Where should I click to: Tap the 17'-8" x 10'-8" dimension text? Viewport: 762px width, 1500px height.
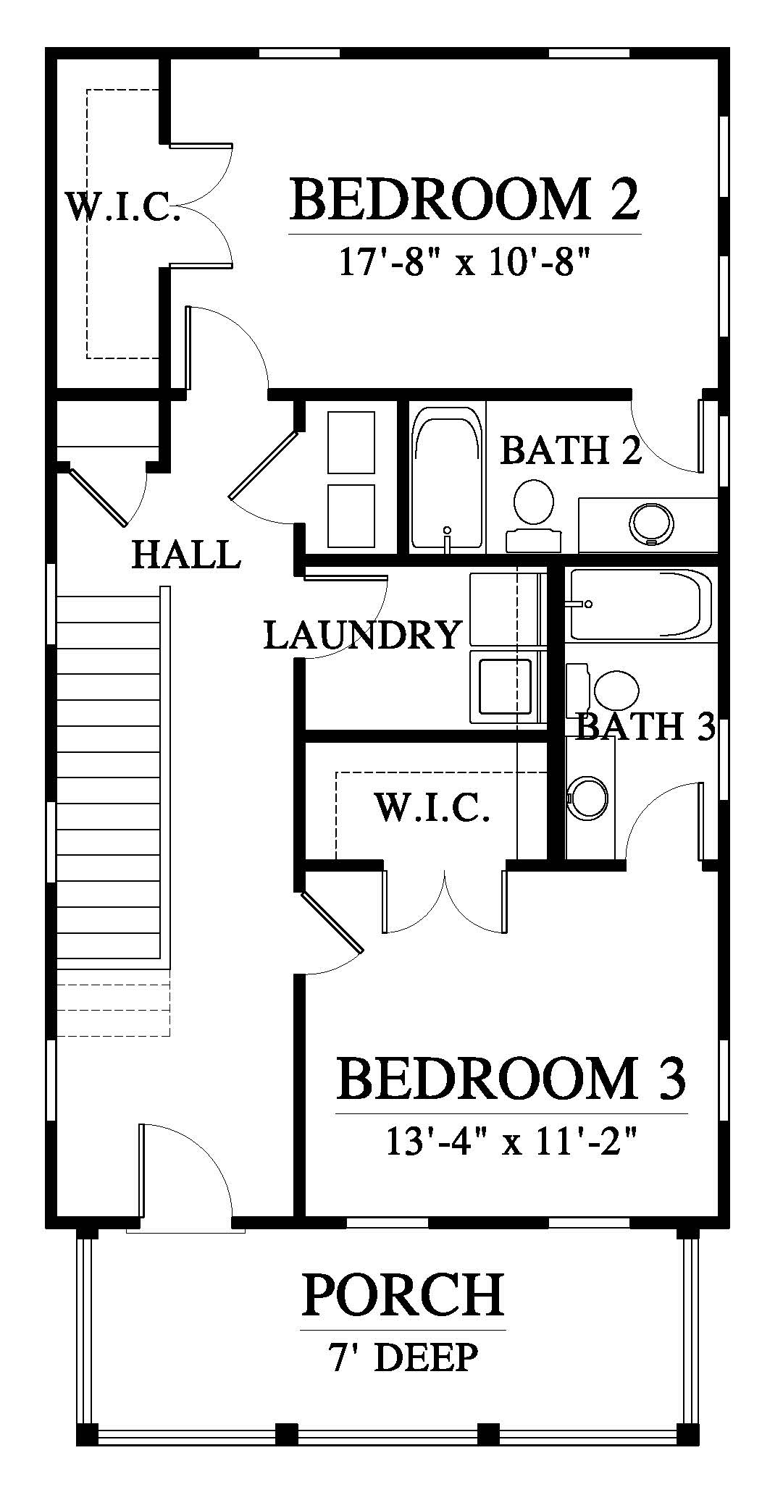(x=461, y=261)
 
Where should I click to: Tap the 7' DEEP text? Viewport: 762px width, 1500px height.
(x=404, y=1357)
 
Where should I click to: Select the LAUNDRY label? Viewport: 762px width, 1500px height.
(x=362, y=635)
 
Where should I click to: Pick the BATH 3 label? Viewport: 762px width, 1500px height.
(x=645, y=726)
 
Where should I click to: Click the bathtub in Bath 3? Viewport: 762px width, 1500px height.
(x=640, y=605)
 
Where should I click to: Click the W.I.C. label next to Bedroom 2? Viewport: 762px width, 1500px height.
(x=123, y=206)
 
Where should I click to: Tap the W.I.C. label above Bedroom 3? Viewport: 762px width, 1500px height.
(x=432, y=807)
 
